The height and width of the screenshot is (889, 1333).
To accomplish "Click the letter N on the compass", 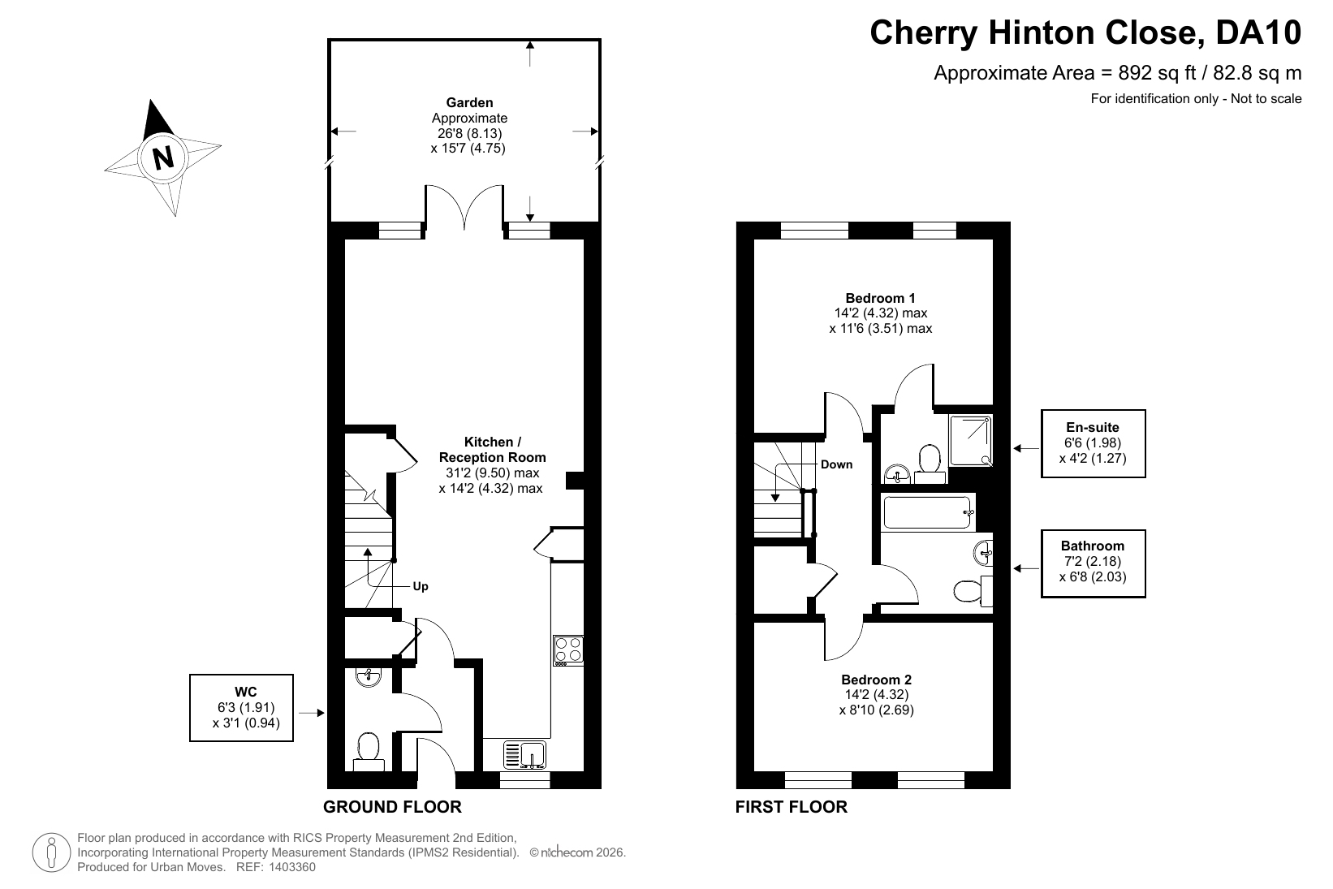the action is tap(163, 158).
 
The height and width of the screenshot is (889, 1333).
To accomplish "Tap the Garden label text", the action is tap(469, 102).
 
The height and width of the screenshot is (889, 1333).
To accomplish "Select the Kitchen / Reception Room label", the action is tap(492, 449).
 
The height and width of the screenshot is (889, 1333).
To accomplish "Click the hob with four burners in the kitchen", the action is tap(567, 649).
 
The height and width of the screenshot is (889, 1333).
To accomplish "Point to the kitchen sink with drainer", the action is tap(524, 754).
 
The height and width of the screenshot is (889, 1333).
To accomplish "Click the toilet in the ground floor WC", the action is tap(369, 752).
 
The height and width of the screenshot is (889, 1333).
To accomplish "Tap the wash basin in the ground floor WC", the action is tap(369, 676).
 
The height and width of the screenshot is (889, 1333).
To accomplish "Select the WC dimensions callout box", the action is tap(242, 707).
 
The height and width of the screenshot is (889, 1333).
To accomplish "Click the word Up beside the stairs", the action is tap(421, 586).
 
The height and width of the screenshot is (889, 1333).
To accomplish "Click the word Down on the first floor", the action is tap(836, 464).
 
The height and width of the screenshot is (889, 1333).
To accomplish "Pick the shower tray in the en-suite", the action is tap(971, 440).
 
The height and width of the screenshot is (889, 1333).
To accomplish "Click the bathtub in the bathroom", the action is tap(929, 512).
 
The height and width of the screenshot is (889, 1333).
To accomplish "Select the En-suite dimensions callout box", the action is tap(1094, 443).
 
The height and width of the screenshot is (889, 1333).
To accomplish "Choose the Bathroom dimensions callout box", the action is tap(1094, 563).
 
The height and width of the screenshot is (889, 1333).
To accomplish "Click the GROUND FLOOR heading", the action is tap(392, 806).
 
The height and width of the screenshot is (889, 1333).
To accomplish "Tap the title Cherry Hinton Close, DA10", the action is tap(1085, 32).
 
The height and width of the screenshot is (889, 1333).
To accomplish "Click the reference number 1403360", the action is tap(292, 867).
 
